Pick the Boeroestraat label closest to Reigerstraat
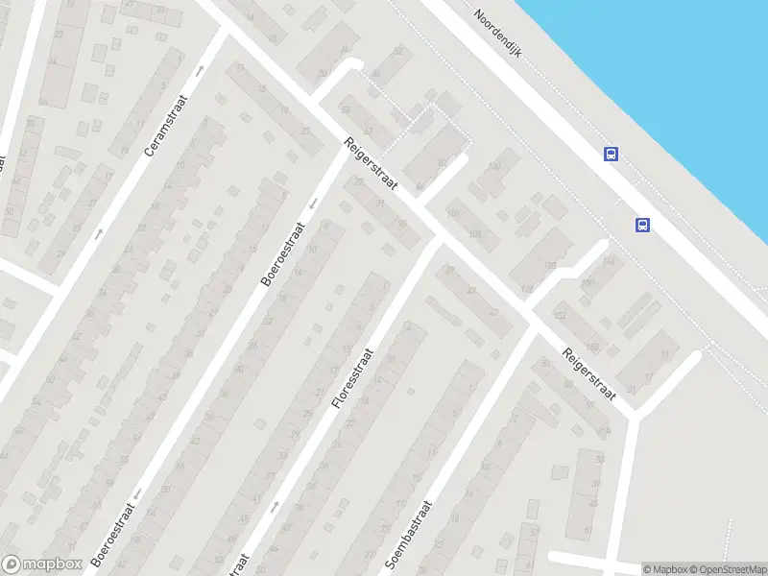point(282,254)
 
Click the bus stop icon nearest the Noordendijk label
point(611,154)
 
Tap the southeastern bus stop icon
point(642,225)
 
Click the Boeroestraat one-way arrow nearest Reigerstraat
point(313,203)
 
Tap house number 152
point(560,314)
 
